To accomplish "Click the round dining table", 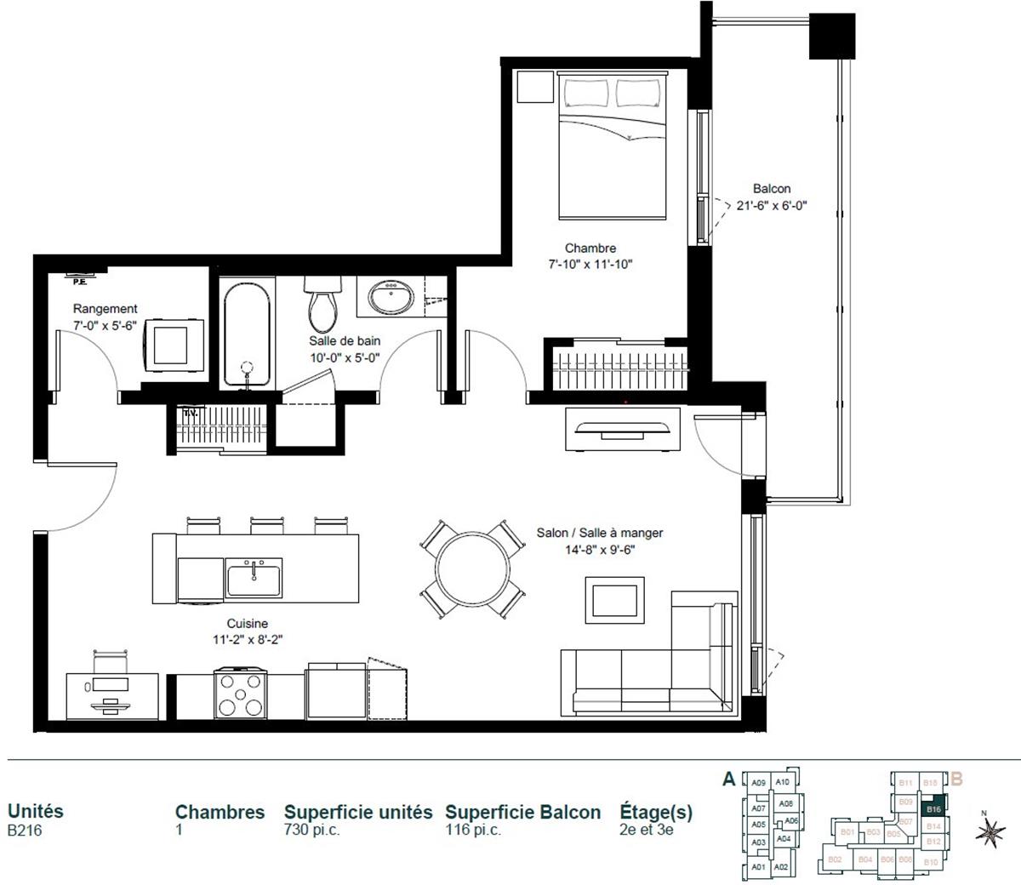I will pyautogui.click(x=473, y=569).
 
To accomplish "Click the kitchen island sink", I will pyautogui.click(x=254, y=578).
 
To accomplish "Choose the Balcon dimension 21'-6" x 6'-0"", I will pyautogui.click(x=772, y=204).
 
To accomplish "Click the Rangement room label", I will pyautogui.click(x=105, y=309).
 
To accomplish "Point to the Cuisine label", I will pyautogui.click(x=247, y=624).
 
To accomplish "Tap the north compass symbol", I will pyautogui.click(x=990, y=835).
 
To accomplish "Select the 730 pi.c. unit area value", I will pyautogui.click(x=312, y=831).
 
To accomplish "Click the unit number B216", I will pyautogui.click(x=25, y=831).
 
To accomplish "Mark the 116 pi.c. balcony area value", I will pyautogui.click(x=473, y=831).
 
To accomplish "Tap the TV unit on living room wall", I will pyautogui.click(x=624, y=428).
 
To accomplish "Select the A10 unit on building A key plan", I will pyautogui.click(x=783, y=783).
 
